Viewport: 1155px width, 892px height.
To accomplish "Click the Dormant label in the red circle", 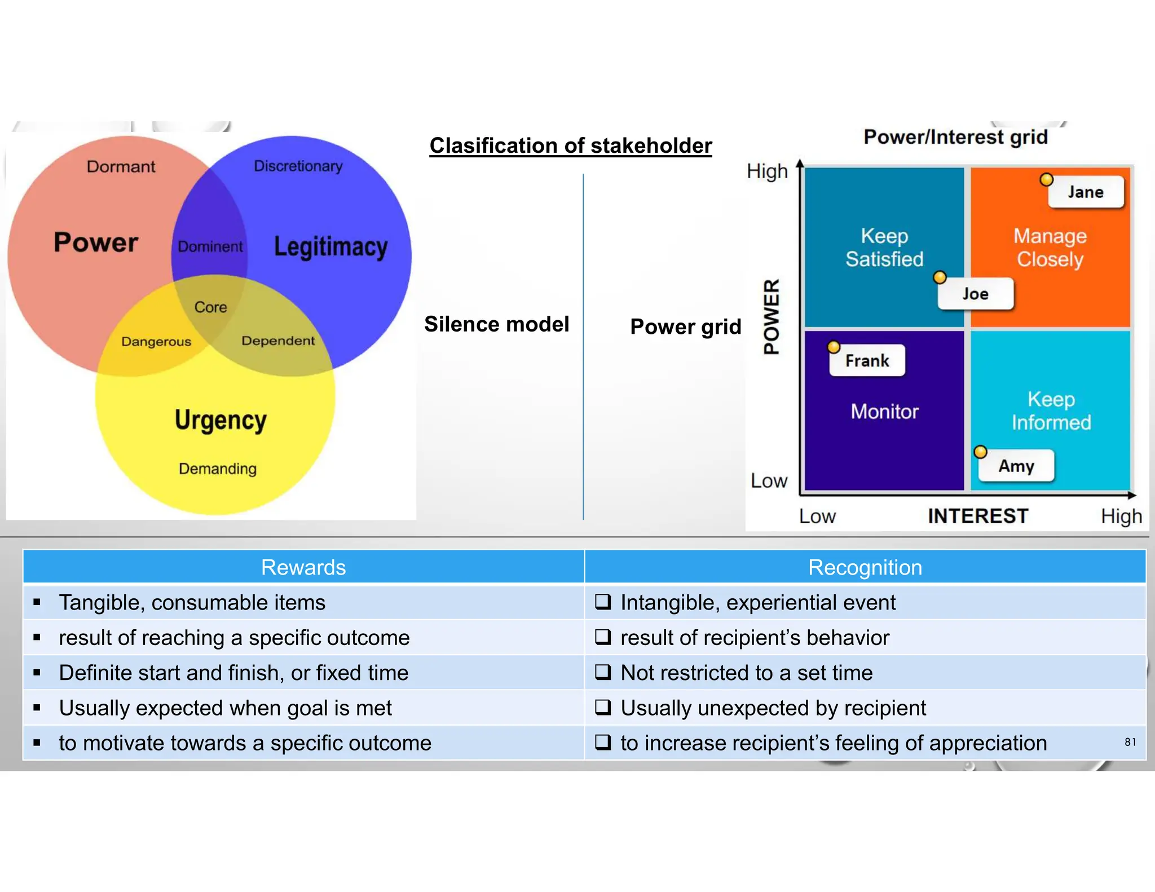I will [121, 167].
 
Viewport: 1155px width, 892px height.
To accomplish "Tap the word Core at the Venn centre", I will [210, 307].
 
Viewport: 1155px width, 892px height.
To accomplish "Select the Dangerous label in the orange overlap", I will [156, 342].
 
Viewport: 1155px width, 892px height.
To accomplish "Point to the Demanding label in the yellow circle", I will [218, 469].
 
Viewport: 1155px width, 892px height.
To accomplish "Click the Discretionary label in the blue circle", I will [298, 166].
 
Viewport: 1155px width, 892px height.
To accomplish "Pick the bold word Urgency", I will [221, 420].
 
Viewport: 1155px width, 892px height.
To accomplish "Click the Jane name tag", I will [1085, 192].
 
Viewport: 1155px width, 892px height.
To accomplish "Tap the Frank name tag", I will [867, 361].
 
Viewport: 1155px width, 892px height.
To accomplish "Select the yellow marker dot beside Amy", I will [981, 452].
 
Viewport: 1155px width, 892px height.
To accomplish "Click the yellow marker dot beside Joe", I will [940, 277].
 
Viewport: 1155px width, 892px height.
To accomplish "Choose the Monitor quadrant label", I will [884, 412].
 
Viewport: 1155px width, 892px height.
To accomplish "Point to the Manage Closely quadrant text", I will [1050, 248].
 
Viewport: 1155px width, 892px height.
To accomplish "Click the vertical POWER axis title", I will [772, 316].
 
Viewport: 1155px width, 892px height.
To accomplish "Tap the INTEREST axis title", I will [978, 516].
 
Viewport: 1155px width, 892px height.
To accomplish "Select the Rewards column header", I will [303, 567].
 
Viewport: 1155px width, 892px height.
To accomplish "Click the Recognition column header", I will [865, 567].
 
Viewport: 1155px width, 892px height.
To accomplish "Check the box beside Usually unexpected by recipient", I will [603, 707].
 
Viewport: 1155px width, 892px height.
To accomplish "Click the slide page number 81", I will [1130, 742].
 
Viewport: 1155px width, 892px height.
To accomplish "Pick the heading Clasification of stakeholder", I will [571, 145].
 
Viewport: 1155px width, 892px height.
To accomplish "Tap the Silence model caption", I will [496, 324].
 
